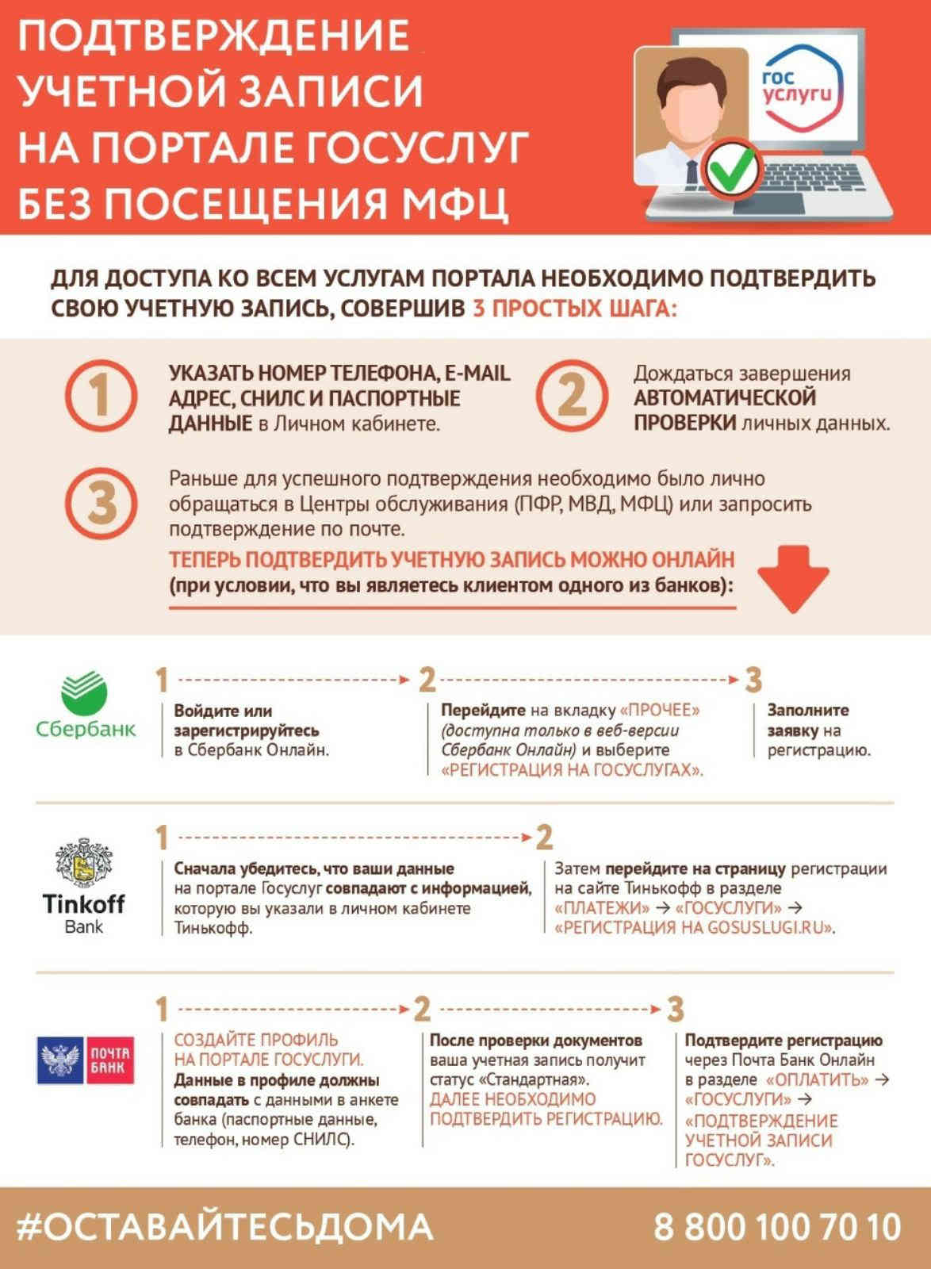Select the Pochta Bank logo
[85, 1060]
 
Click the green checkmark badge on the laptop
[733, 168]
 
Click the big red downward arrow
[793, 578]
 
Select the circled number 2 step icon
[572, 396]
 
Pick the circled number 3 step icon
[101, 504]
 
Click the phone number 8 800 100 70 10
[777, 1228]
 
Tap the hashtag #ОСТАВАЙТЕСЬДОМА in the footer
[225, 1228]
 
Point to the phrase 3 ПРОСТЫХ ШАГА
[575, 308]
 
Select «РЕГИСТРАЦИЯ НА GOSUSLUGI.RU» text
[695, 927]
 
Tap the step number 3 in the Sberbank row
[753, 680]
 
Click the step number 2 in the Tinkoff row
[544, 838]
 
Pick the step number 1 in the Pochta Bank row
[162, 1010]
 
